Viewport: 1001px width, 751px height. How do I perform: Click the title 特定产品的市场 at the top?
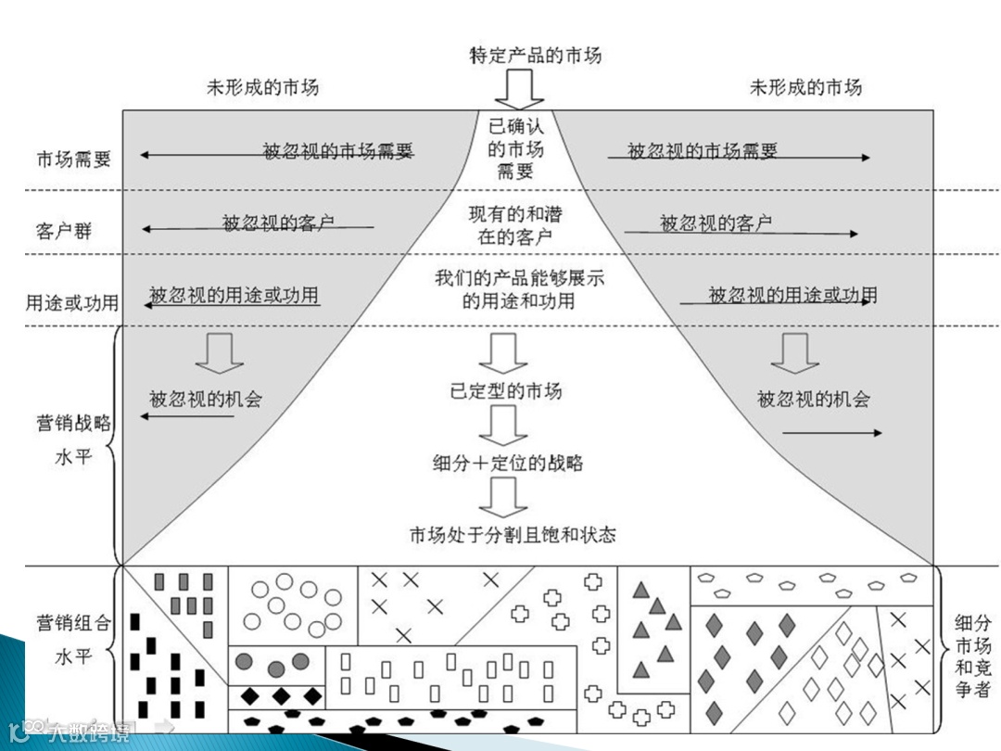535,55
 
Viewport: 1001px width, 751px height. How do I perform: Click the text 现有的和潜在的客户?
515,225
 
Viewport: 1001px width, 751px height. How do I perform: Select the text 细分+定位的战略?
507,463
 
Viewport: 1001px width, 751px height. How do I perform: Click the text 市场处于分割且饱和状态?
513,535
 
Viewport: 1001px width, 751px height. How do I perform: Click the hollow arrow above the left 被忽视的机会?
220,352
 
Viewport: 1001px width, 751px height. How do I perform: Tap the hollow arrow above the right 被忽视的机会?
795,352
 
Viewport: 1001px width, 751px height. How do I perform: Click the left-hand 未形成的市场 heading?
262,87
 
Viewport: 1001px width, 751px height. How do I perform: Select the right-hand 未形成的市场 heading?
805,87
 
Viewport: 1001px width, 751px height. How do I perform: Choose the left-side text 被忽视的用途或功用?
234,296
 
